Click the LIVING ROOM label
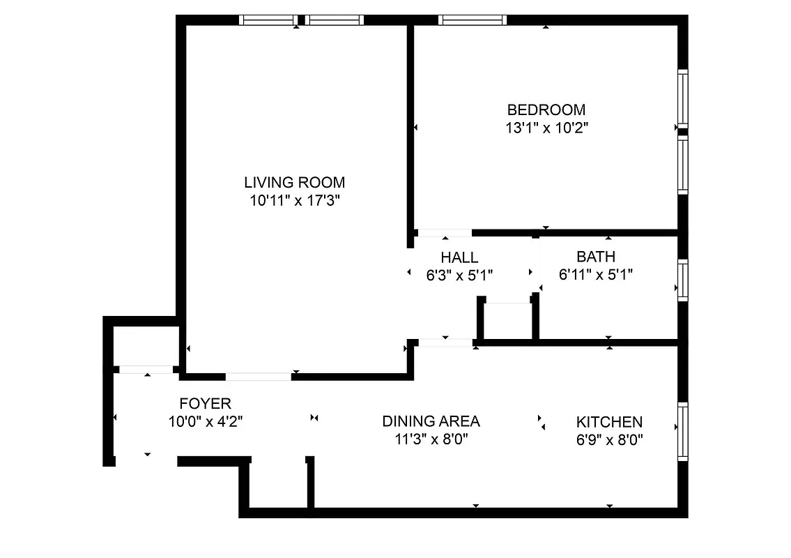tap(294, 183)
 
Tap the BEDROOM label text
tap(546, 110)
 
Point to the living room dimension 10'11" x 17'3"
tap(294, 201)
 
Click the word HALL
tap(459, 257)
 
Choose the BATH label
tap(595, 257)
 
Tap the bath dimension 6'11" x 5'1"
tap(595, 275)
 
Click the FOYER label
tap(205, 403)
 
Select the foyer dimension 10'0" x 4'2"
tap(205, 421)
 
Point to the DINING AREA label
tap(431, 421)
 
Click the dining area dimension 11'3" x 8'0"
tap(431, 439)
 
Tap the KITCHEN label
tap(609, 422)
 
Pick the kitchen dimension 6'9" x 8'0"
tap(609, 440)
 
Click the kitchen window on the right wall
tap(683, 430)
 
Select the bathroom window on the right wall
tap(683, 280)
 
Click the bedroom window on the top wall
tap(472, 20)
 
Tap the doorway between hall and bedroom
tap(444, 233)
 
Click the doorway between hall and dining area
tap(445, 342)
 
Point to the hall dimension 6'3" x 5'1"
tap(459, 276)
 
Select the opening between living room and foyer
tap(258, 377)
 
